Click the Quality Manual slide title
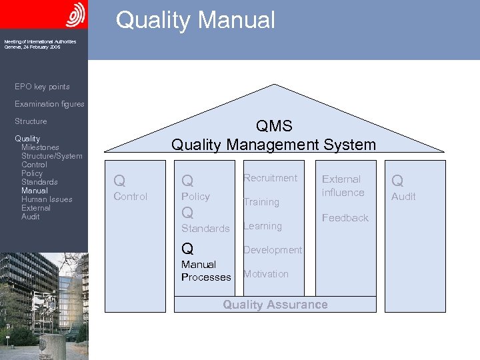coord(195,20)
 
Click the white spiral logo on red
coord(76,14)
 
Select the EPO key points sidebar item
coord(42,87)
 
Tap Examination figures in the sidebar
coord(49,104)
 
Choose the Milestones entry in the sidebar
coord(40,147)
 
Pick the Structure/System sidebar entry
coord(52,156)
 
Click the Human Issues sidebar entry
coord(47,199)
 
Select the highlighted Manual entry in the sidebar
coord(34,191)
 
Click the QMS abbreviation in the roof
coord(273,127)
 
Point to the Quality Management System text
coord(273,145)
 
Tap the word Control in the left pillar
coord(131,197)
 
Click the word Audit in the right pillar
coord(403,197)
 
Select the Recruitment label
coord(270,178)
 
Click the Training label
coord(261,202)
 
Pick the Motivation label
coord(266,274)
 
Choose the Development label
coord(272,250)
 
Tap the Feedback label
coord(345,218)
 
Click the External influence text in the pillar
coord(343,186)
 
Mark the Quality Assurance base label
coord(275,305)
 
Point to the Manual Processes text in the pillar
coord(206,271)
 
